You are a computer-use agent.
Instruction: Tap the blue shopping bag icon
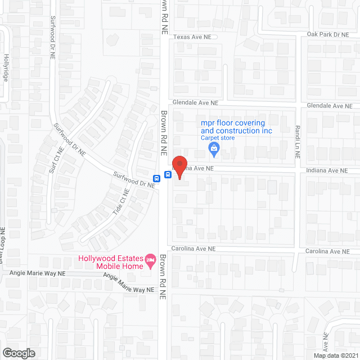coord(214,148)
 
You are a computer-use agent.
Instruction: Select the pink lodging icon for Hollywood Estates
coord(150,260)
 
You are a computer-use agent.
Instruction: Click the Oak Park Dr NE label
coord(328,34)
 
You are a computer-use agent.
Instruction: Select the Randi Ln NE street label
coord(298,139)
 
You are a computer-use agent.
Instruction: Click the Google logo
coord(18,353)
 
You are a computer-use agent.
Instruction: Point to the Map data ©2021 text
coord(335,355)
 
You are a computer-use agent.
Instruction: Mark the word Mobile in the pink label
coord(106,266)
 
